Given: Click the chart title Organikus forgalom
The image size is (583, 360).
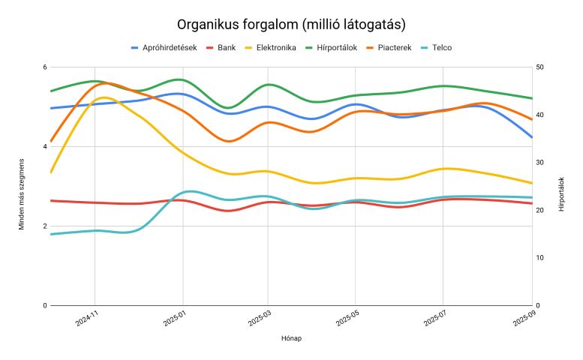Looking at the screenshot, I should (x=291, y=25).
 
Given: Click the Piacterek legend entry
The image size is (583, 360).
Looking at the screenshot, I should (x=395, y=48).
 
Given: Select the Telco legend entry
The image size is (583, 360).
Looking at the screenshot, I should (x=442, y=48).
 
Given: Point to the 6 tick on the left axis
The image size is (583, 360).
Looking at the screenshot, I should (x=44, y=67).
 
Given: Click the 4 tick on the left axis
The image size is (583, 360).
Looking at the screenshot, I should (x=44, y=147).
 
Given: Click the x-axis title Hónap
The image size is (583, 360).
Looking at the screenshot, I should (x=291, y=338).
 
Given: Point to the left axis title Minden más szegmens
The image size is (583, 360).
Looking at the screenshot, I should (x=23, y=193).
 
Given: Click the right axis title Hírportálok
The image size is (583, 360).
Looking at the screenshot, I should (x=561, y=193).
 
